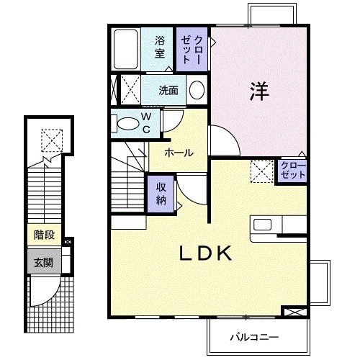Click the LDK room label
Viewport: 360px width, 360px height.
tap(204, 253)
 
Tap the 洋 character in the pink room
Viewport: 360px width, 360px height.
tap(259, 91)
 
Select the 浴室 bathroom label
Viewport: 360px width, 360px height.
tap(159, 46)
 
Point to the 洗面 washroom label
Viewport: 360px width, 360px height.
tap(168, 91)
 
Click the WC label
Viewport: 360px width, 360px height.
tap(145, 122)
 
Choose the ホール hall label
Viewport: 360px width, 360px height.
tap(177, 153)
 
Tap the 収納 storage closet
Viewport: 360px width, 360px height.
tap(161, 192)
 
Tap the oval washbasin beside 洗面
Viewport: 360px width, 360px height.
tap(197, 91)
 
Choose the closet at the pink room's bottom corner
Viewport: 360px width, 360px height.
tap(292, 171)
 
